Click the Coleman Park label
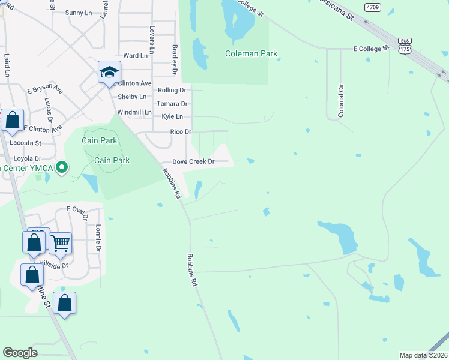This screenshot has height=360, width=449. point(251,54)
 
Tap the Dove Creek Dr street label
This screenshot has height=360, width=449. point(193,162)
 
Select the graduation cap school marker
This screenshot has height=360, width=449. point(110,73)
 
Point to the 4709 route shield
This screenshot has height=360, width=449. point(372,7)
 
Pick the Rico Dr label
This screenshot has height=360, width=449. point(181,132)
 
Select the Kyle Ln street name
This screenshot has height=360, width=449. point(173,117)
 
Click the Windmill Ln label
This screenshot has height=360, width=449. point(134,112)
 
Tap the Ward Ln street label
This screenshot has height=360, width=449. point(135,56)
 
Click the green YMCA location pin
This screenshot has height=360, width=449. point(61,167)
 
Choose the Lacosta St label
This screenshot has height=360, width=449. point(26,143)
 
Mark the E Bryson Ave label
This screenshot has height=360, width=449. point(45,89)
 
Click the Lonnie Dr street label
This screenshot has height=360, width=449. point(98,238)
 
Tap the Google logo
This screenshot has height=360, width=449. point(20,353)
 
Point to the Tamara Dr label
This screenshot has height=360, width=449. point(172,104)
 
